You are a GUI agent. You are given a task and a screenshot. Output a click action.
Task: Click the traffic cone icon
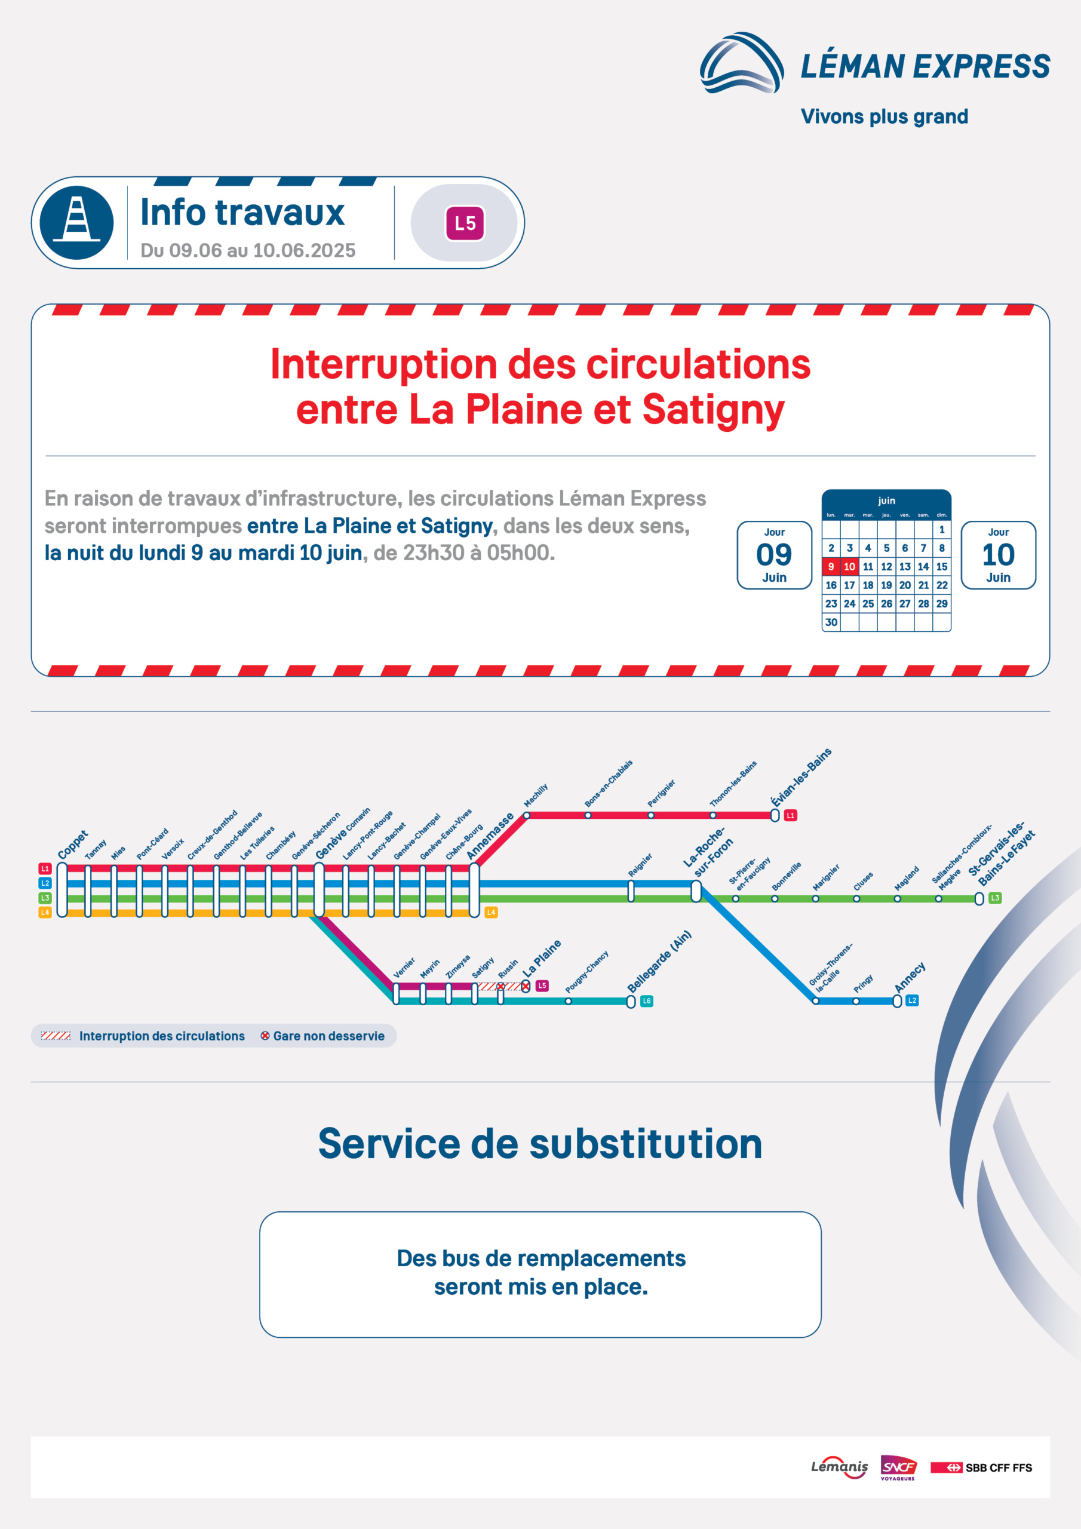pyautogui.click(x=76, y=222)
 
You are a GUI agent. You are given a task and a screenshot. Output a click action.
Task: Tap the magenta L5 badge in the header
pyautogui.click(x=465, y=223)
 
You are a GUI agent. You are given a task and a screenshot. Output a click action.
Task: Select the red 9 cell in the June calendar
pyautogui.click(x=831, y=567)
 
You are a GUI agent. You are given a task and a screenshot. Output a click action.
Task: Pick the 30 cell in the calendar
pyautogui.click(x=831, y=622)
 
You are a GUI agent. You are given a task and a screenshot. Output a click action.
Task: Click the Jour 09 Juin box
pyautogui.click(x=774, y=555)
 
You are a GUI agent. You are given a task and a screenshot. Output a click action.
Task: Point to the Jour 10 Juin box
pyautogui.click(x=998, y=555)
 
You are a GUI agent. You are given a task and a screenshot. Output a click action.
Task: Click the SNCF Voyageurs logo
pyautogui.click(x=898, y=1467)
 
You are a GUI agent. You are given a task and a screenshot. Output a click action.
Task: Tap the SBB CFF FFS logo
pyautogui.click(x=981, y=1467)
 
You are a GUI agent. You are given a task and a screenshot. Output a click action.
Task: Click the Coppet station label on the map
pyautogui.click(x=73, y=845)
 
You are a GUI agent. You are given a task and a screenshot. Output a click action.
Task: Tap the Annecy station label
pyautogui.click(x=910, y=977)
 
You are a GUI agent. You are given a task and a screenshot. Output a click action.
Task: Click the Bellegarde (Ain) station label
pyautogui.click(x=659, y=961)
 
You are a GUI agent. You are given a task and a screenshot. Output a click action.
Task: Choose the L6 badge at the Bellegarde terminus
pyautogui.click(x=646, y=1001)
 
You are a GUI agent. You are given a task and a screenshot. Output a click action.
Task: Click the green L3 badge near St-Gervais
pyautogui.click(x=995, y=898)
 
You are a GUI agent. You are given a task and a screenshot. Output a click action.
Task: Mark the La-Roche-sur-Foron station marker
pyautogui.click(x=696, y=891)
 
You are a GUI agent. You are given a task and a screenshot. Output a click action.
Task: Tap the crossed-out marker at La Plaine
pyautogui.click(x=526, y=985)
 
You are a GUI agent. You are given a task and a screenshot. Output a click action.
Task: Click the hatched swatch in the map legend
pyautogui.click(x=56, y=1036)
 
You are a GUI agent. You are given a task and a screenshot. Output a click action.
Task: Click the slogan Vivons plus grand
pyautogui.click(x=885, y=116)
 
